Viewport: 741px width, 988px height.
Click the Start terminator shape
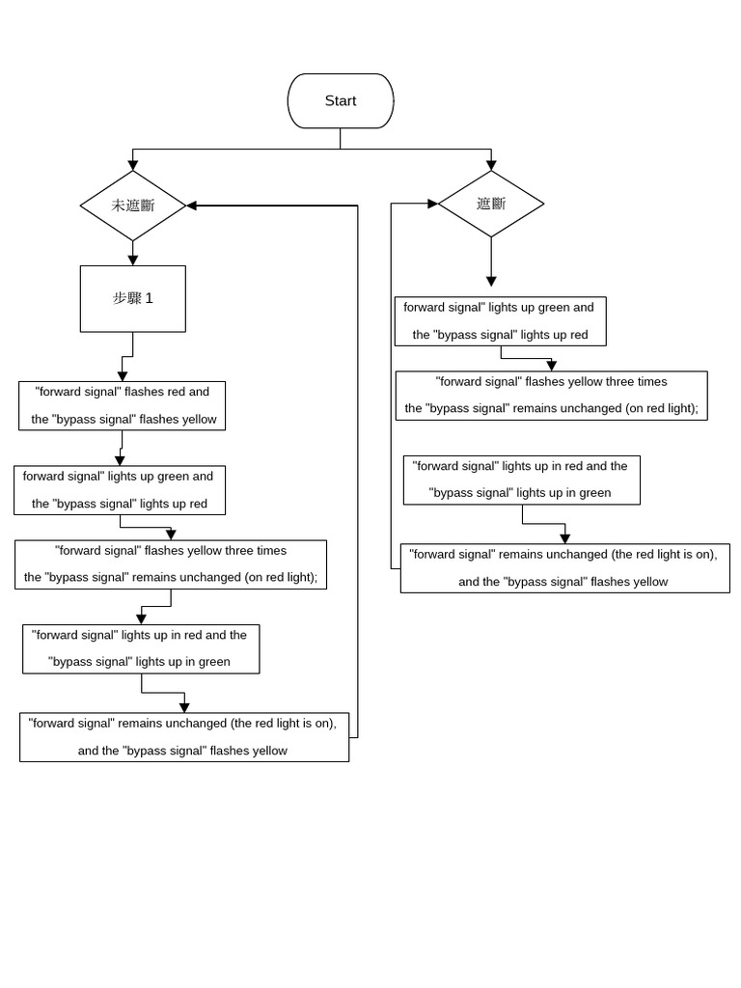(341, 101)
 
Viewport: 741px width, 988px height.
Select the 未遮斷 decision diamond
(133, 206)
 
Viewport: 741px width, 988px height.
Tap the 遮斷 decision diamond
(491, 204)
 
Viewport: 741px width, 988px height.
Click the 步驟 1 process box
(133, 299)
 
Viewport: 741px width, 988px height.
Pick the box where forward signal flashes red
(122, 405)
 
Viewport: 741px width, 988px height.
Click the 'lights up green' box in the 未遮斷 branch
(120, 490)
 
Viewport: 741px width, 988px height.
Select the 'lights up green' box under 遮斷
(501, 321)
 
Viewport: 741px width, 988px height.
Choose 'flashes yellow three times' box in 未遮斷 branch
(171, 564)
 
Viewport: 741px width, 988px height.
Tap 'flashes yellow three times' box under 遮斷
(551, 395)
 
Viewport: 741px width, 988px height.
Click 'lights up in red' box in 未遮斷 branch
(141, 648)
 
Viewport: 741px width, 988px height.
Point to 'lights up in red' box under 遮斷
(521, 480)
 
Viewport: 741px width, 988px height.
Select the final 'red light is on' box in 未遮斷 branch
(184, 737)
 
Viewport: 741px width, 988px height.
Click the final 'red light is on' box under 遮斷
(564, 568)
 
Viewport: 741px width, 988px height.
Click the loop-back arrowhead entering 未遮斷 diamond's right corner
(192, 206)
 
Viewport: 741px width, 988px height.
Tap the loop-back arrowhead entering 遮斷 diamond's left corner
(432, 204)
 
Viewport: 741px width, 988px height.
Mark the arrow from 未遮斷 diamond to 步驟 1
(133, 254)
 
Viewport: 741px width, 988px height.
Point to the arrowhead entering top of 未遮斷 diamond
(133, 165)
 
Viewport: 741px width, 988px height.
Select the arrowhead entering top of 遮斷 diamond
(491, 165)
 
